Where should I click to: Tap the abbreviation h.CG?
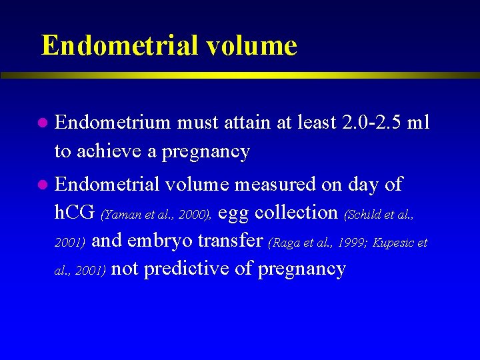[x=75, y=213]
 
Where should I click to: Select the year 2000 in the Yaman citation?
[x=195, y=215]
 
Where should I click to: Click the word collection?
[x=297, y=213]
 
